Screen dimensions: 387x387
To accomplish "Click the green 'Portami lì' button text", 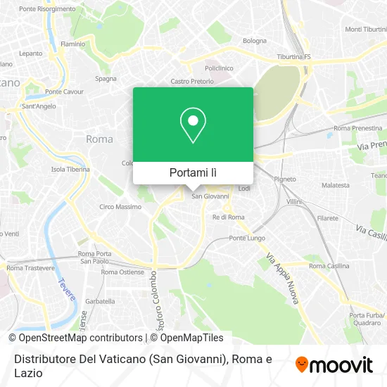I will click(193, 172).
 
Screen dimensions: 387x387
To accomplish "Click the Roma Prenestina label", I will click(357, 128).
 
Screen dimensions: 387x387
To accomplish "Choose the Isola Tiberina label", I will click(70, 170).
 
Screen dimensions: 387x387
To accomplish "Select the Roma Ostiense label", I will click(122, 272).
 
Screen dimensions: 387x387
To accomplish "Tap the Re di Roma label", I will click(229, 217).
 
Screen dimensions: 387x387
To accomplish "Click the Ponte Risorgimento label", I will click(47, 9).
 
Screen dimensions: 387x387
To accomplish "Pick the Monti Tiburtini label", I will click(363, 30).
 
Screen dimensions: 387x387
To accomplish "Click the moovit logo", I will click(334, 364).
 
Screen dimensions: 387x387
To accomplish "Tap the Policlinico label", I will click(219, 68).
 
